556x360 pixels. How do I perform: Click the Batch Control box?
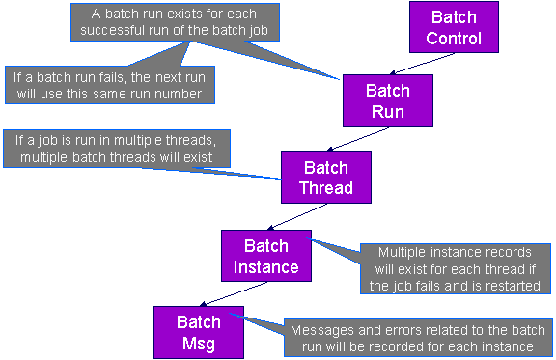[454, 27]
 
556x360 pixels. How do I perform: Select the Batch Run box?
[388, 100]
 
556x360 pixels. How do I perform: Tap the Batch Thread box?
[326, 177]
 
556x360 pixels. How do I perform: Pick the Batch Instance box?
[266, 256]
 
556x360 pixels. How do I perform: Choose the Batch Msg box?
[199, 332]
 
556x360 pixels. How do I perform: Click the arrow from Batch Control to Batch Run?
[422, 64]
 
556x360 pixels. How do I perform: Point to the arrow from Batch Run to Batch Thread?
[357, 139]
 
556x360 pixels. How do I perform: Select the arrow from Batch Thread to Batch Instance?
[297, 217]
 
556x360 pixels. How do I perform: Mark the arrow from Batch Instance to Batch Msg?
[233, 294]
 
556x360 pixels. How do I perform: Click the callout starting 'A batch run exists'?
[175, 22]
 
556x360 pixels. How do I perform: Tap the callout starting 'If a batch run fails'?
[110, 85]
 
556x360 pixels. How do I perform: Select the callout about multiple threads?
[117, 149]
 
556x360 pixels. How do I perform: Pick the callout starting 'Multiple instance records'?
[456, 269]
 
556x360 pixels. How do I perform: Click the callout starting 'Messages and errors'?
[418, 338]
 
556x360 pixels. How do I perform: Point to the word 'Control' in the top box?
[454, 39]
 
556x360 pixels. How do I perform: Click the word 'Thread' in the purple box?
[326, 187]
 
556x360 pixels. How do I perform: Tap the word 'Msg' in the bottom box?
[199, 344]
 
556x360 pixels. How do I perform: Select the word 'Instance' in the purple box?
[266, 267]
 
